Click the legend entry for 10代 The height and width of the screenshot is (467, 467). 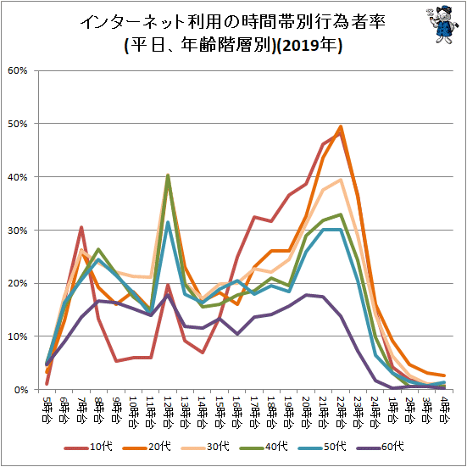[88, 447]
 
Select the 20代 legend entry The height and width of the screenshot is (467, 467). [147, 447]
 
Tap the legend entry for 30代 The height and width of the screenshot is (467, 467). [205, 447]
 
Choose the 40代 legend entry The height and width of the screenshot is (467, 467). [264, 447]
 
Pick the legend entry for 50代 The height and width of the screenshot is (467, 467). [322, 447]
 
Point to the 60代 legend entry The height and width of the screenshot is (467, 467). [381, 447]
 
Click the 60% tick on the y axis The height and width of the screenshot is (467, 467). [18, 71]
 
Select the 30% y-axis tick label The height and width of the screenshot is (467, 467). [18, 231]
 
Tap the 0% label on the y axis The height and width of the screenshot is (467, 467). [20, 390]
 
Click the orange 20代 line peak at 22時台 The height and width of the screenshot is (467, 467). [341, 126]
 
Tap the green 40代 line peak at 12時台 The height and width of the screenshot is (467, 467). [168, 175]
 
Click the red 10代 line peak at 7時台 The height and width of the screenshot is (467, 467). [81, 227]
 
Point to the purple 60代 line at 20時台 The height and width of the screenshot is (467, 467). [306, 295]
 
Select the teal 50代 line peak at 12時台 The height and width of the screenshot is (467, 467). [168, 222]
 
